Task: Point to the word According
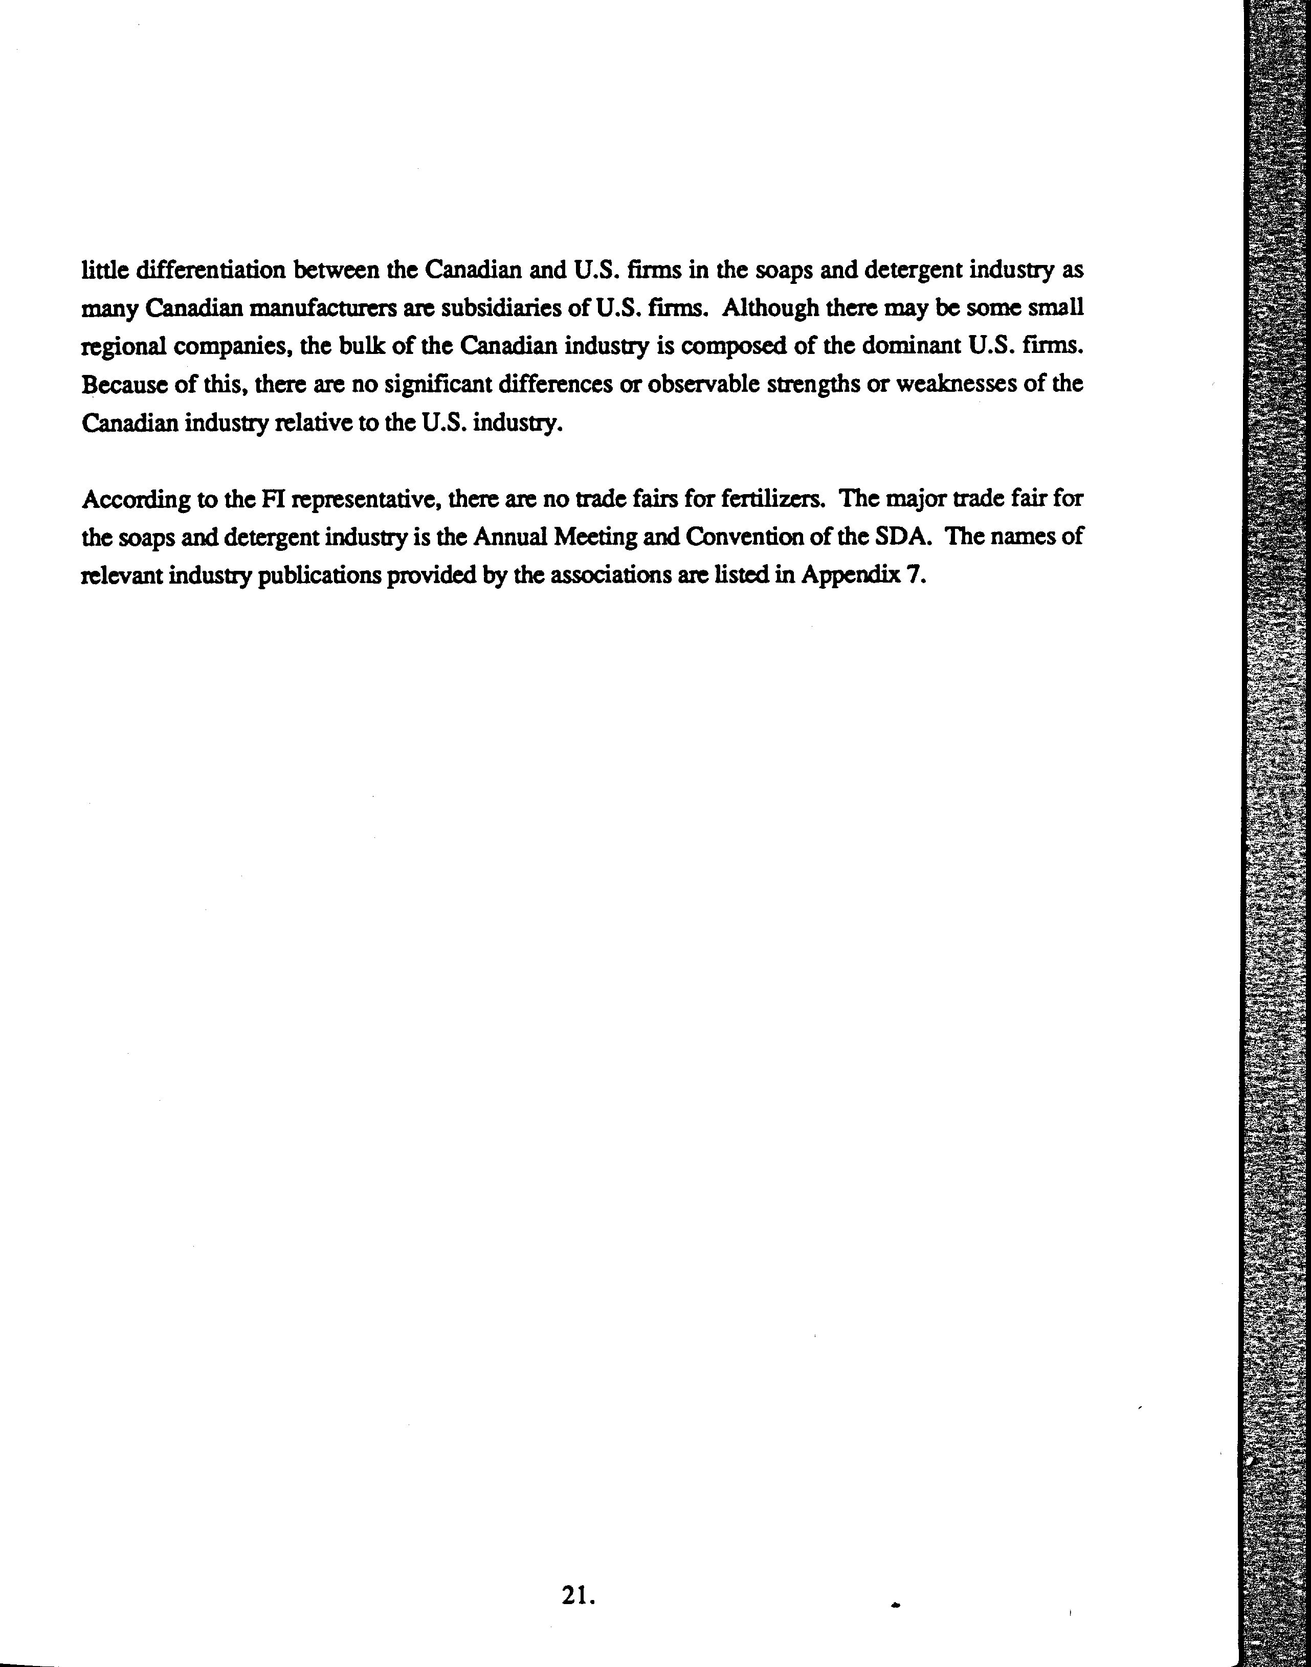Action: coord(135,500)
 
